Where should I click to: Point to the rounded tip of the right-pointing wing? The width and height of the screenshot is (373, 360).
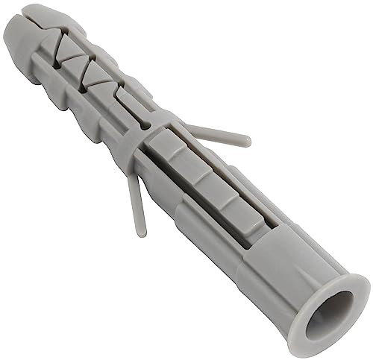click(x=245, y=139)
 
